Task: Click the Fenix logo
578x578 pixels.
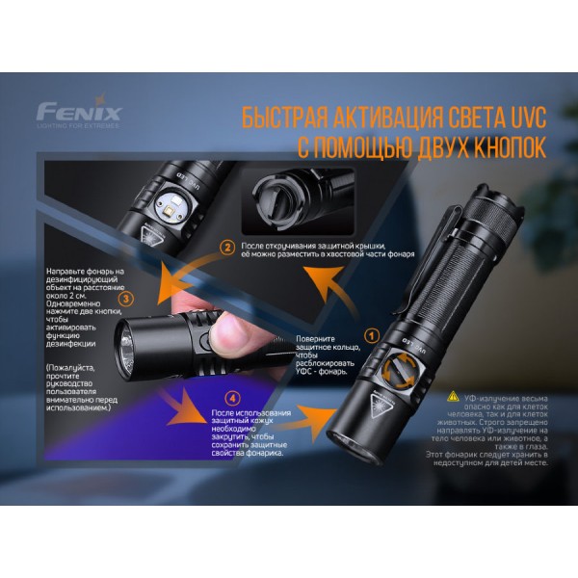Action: click(79, 110)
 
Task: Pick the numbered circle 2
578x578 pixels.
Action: click(227, 248)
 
